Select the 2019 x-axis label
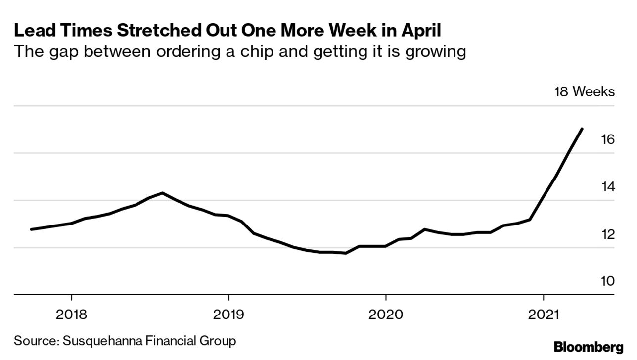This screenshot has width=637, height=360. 228,315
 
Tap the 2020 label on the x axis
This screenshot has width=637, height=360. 386,315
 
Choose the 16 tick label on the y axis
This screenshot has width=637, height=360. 607,139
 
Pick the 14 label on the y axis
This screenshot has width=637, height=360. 607,187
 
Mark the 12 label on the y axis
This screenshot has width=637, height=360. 607,234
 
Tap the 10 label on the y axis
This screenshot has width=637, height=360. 607,281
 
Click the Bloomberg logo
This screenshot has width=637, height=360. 588,347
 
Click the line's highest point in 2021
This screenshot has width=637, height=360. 582,129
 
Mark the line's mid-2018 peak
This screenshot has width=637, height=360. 162,193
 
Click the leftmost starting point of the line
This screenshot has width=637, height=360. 32,229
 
